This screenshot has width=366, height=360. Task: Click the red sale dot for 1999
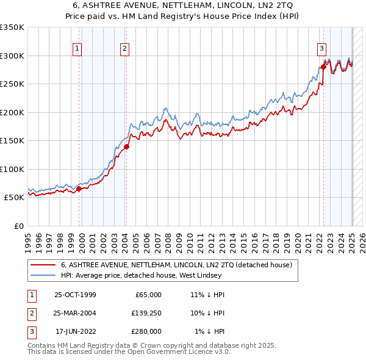tap(79, 189)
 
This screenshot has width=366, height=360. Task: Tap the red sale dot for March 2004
tap(126, 146)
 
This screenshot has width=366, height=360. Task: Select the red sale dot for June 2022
tap(323, 67)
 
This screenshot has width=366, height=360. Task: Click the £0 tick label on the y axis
tap(18, 226)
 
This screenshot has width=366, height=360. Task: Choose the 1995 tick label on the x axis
tap(27, 241)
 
